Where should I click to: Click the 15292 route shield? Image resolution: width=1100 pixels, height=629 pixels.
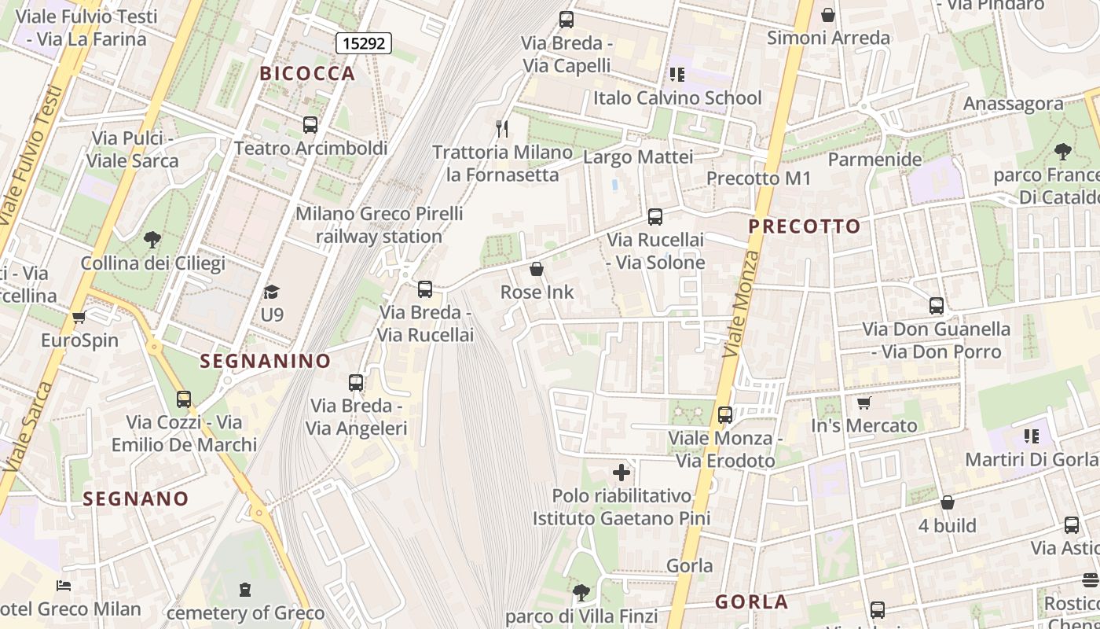tap(365, 43)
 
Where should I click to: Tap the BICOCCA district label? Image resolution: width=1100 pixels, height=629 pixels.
tap(308, 74)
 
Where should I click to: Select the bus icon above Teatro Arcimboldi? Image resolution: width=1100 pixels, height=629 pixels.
tap(310, 124)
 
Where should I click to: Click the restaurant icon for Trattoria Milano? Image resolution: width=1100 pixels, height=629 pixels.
tap(502, 128)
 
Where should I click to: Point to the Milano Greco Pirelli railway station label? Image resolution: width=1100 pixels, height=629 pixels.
tap(379, 225)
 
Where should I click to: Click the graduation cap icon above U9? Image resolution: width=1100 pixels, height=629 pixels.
tap(271, 292)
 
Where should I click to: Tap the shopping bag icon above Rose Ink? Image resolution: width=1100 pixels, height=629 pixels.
tap(537, 269)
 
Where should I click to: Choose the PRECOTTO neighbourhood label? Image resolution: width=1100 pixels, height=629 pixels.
tap(805, 226)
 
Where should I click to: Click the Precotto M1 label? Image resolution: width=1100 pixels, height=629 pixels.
tap(758, 178)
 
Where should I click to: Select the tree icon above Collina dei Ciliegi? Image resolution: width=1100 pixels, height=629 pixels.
tap(152, 239)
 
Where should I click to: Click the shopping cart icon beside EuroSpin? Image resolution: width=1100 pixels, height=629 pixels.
tap(79, 318)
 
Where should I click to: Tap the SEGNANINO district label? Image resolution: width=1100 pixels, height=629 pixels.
tap(266, 361)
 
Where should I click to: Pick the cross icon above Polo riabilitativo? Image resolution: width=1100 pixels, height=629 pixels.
tap(621, 472)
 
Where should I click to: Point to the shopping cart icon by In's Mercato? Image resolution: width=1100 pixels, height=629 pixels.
tap(863, 403)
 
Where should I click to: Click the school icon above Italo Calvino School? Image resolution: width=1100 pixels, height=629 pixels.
tap(676, 75)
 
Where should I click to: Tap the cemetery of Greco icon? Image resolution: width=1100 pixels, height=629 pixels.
tap(245, 589)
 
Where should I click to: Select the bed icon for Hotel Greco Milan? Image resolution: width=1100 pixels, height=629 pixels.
tap(64, 586)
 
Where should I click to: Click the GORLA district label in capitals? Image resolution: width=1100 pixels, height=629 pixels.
tap(751, 602)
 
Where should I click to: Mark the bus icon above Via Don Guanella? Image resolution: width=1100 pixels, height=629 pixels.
tap(936, 305)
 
